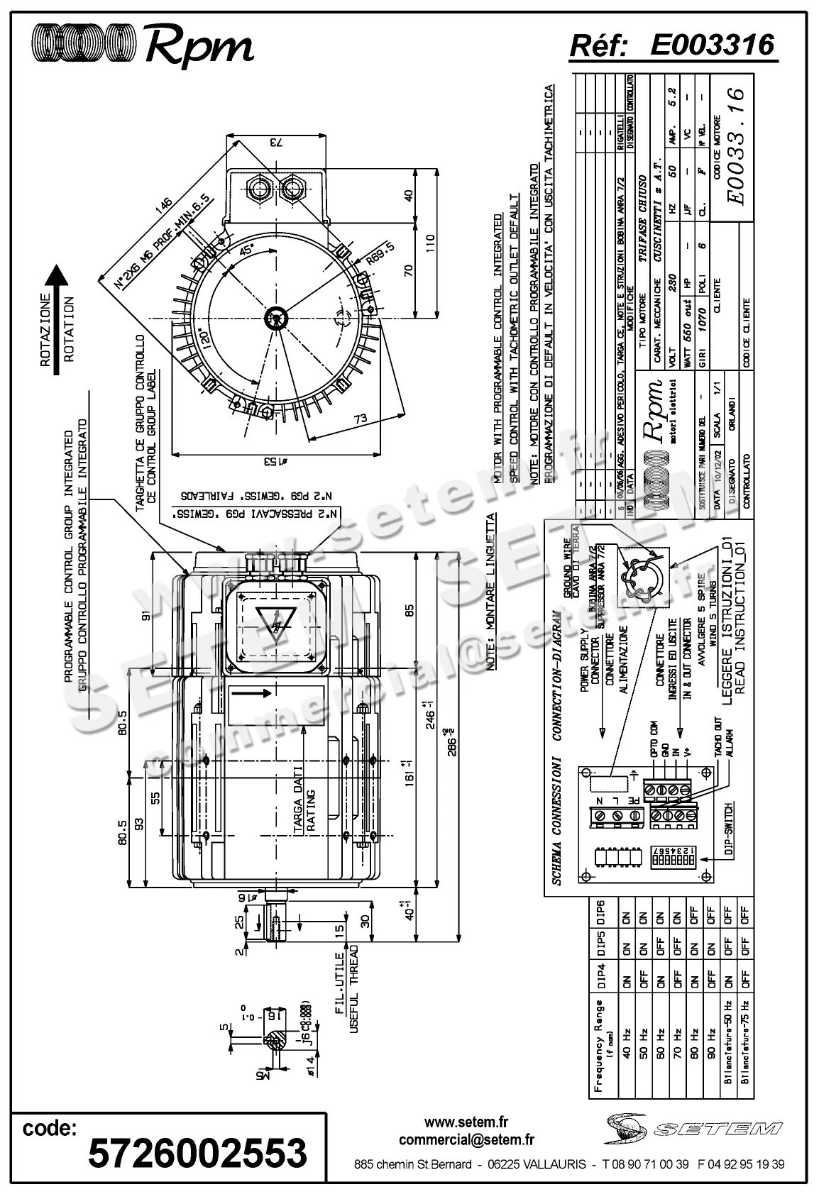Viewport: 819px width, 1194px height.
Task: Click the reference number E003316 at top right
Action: (712, 45)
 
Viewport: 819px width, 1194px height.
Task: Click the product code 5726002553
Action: (197, 1151)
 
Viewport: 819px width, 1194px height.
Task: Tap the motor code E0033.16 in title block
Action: (735, 146)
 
